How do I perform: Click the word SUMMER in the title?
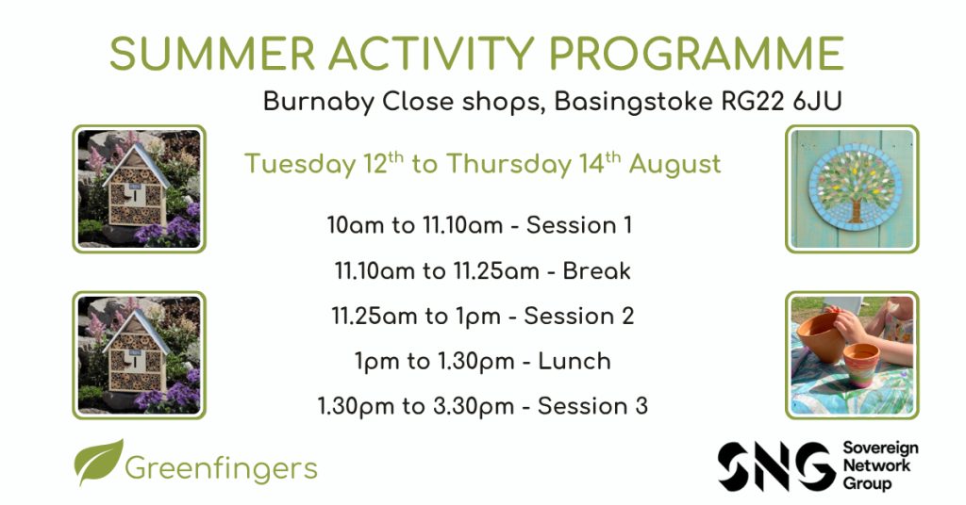(x=212, y=54)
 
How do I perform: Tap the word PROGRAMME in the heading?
(x=696, y=54)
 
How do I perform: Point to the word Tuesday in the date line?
(x=301, y=165)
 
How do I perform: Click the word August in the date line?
(x=675, y=165)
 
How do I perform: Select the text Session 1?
(x=579, y=225)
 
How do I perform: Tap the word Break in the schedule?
(x=596, y=270)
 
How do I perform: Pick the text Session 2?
(x=578, y=317)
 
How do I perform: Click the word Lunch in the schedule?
(x=575, y=361)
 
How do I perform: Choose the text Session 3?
(x=592, y=406)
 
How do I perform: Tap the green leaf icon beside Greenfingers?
(x=98, y=462)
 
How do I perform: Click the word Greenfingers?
(x=221, y=468)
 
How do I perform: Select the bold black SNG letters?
(x=777, y=466)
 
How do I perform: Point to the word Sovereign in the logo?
(x=880, y=448)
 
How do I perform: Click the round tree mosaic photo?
(x=855, y=187)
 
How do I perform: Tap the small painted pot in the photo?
(x=861, y=364)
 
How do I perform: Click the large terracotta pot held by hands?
(x=822, y=336)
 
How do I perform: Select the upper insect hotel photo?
(x=140, y=188)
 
